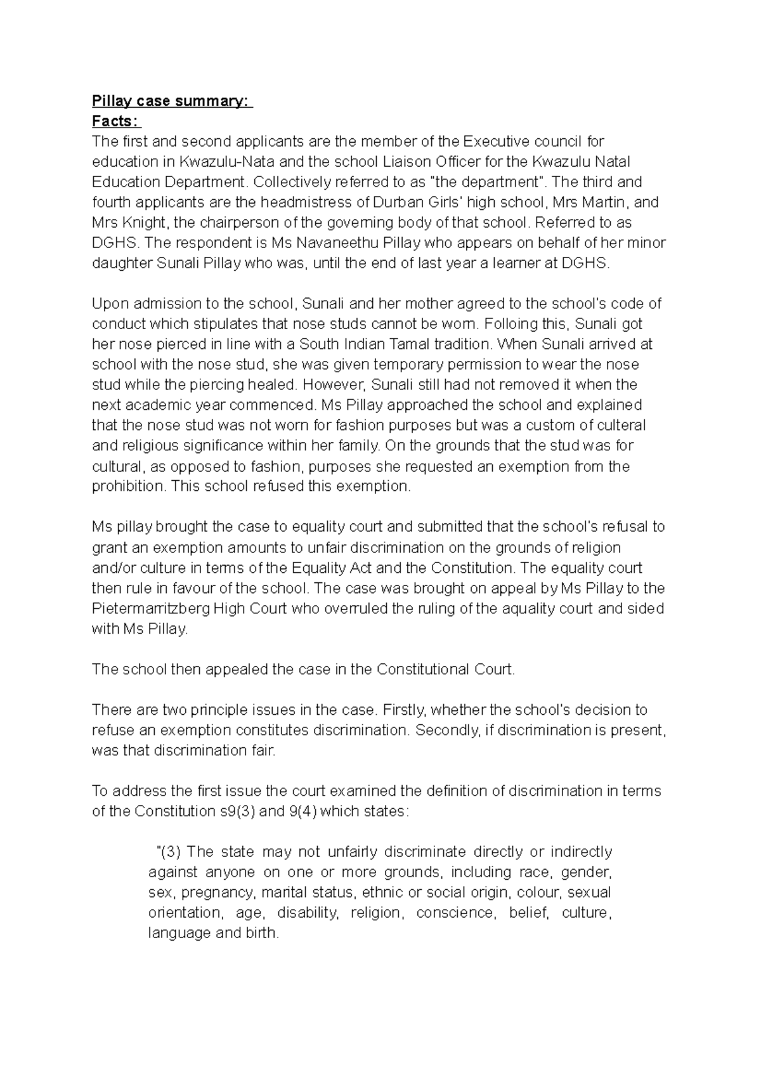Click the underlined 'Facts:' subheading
[116, 121]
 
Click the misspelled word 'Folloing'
[509, 323]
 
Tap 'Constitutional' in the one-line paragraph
[423, 669]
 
